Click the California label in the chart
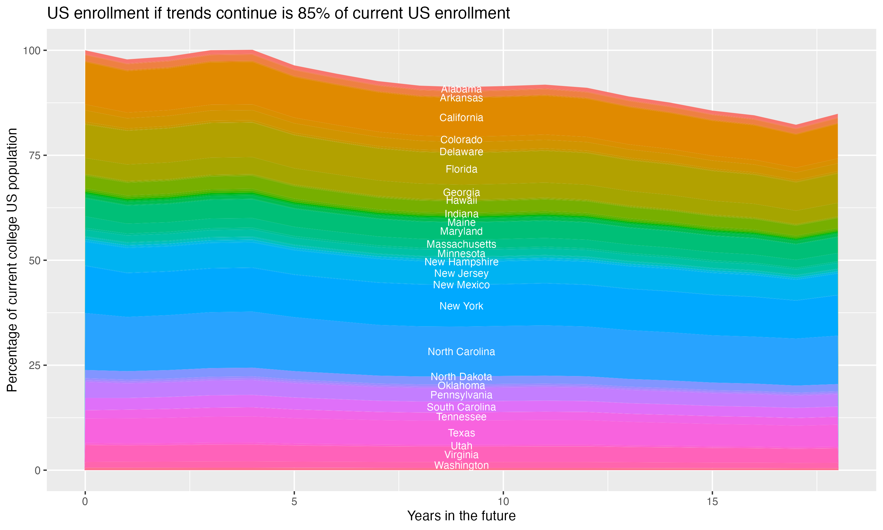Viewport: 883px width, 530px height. point(461,118)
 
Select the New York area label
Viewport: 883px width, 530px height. point(461,306)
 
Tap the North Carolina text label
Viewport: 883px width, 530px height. point(461,352)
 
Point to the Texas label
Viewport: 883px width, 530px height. point(461,433)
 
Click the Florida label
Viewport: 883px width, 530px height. point(461,169)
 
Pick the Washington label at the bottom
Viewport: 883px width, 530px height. point(461,465)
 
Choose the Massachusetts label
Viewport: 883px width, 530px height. point(461,244)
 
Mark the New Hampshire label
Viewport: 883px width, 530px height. point(461,262)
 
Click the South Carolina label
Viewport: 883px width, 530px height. point(461,407)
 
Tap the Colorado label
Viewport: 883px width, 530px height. point(461,140)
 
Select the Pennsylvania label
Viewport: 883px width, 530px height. point(461,395)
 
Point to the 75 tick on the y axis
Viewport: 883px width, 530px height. point(35,155)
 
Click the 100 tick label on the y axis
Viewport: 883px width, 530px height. point(31,50)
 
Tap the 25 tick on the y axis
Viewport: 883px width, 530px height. point(35,365)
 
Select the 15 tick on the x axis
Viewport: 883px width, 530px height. point(712,502)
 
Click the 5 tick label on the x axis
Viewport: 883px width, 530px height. point(294,502)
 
